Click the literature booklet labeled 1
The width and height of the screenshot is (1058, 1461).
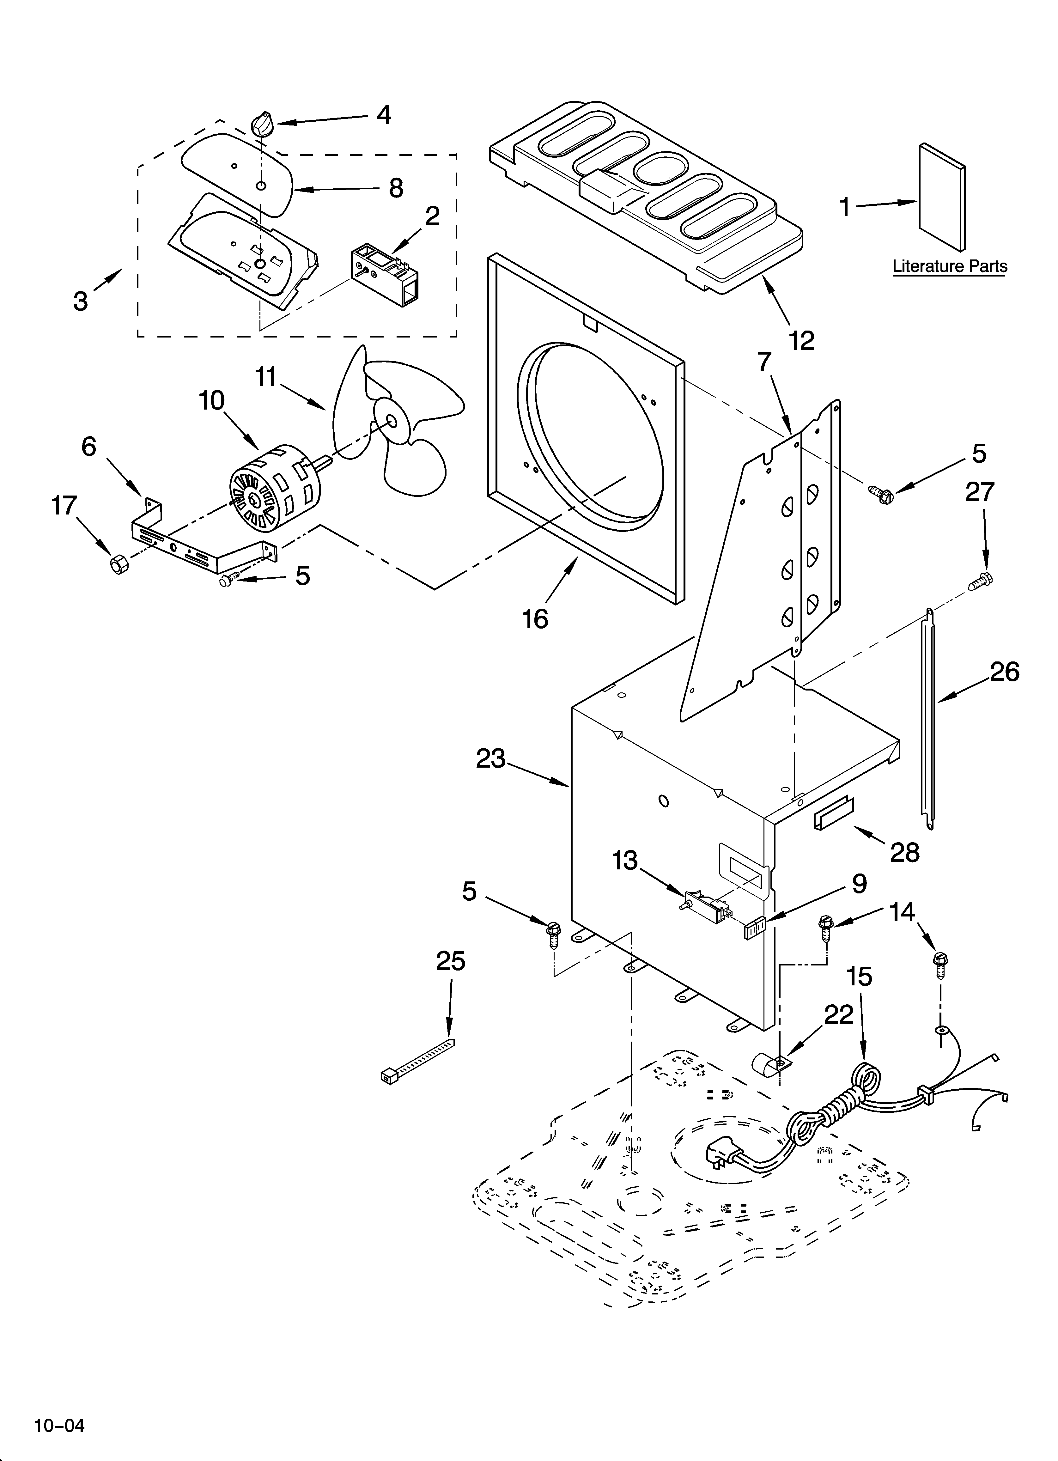(941, 197)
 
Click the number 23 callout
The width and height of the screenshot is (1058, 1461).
(491, 758)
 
